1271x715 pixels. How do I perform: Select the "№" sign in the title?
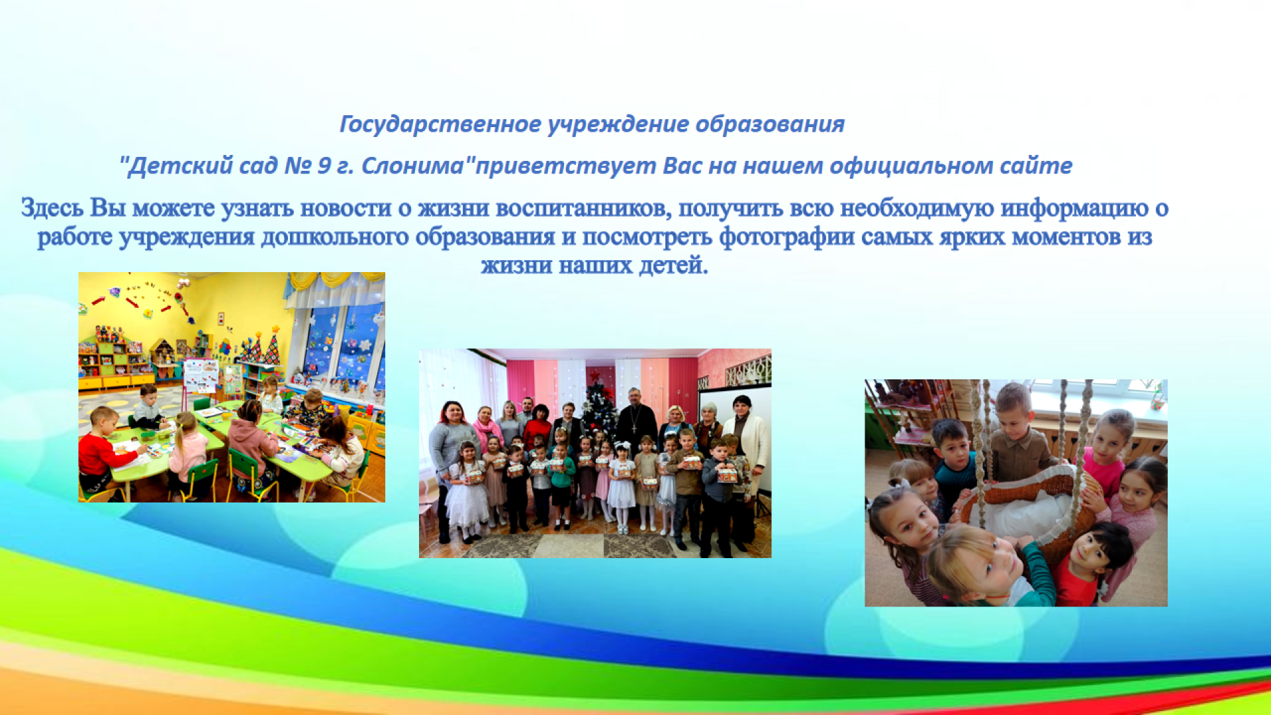298,166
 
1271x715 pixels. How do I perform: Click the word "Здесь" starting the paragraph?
52,208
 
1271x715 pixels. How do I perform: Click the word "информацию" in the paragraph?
1074,208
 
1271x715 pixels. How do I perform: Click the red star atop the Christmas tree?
594,376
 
